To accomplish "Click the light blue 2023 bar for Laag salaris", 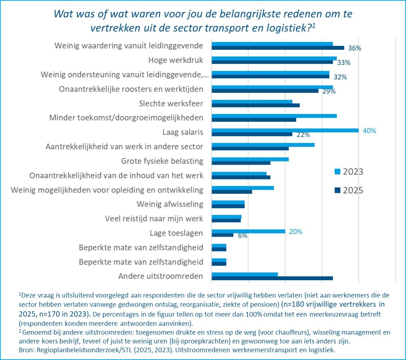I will [285, 130].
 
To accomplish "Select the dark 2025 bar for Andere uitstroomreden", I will [272, 278].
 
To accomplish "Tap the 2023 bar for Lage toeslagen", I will [248, 231].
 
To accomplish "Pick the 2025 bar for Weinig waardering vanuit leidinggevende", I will [278, 48].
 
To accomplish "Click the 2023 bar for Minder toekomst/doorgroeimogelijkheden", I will [274, 116].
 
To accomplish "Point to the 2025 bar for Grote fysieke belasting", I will [241, 163].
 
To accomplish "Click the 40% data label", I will [369, 131].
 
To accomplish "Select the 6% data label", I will [242, 236].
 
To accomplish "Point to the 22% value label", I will [303, 135].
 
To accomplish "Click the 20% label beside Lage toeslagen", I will [295, 232].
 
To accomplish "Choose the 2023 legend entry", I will [349, 172].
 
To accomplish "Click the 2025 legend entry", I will [349, 190].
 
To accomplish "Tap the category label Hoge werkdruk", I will [176, 60].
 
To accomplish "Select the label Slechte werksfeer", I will [172, 104].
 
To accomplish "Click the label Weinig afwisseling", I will [170, 204].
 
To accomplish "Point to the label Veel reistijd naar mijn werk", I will [154, 219].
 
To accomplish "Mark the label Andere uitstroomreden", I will [161, 276].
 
